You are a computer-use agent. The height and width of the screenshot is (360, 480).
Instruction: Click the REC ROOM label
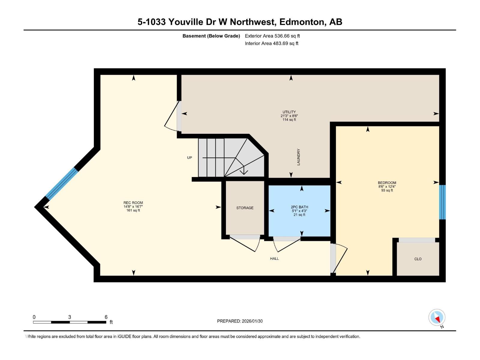pyautogui.click(x=133, y=203)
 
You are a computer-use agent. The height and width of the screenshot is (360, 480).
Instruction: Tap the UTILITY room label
pyautogui.click(x=289, y=112)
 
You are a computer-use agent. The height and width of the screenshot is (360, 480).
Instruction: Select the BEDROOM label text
pyautogui.click(x=387, y=183)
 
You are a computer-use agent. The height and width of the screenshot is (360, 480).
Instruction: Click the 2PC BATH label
pyautogui.click(x=299, y=207)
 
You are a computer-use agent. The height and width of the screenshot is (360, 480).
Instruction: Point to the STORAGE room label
pyautogui.click(x=245, y=208)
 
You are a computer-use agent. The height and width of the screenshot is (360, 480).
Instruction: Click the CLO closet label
pyautogui.click(x=418, y=259)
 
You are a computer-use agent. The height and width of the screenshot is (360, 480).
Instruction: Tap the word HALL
pyautogui.click(x=274, y=259)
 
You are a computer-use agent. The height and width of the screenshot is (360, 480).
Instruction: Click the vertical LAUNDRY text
pyautogui.click(x=298, y=157)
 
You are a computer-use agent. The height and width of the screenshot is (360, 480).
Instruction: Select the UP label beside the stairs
pyautogui.click(x=190, y=158)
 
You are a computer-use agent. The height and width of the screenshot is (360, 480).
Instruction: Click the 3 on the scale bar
pyautogui.click(x=70, y=317)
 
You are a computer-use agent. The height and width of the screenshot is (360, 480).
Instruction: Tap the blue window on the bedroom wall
pyautogui.click(x=442, y=202)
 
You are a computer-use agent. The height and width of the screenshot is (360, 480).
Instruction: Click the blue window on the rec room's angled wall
pyautogui.click(x=61, y=184)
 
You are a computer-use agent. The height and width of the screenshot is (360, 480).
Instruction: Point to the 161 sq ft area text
pyautogui.click(x=133, y=211)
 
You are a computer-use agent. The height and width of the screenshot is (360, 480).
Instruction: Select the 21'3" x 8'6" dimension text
pyautogui.click(x=289, y=116)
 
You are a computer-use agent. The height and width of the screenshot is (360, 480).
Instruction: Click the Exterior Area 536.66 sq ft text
pyautogui.click(x=272, y=36)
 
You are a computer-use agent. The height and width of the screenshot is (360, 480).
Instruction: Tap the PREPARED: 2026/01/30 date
pyautogui.click(x=240, y=321)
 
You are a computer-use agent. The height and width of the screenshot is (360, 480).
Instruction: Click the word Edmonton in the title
pyautogui.click(x=302, y=22)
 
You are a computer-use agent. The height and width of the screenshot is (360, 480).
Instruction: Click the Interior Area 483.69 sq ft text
pyautogui.click(x=271, y=43)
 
